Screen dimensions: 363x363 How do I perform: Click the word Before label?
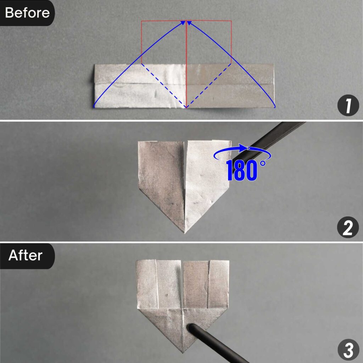pyautogui.click(x=27, y=13)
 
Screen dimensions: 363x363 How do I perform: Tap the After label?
pyautogui.click(x=26, y=255)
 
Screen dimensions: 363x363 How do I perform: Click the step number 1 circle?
pyautogui.click(x=348, y=106)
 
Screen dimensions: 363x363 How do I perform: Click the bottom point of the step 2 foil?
pyautogui.click(x=185, y=232)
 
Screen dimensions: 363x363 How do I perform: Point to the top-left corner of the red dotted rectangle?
pyautogui.click(x=142, y=21)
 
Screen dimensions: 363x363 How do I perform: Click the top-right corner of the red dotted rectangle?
pyautogui.click(x=231, y=21)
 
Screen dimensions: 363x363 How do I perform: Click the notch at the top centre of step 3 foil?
pyautogui.click(x=182, y=264)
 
